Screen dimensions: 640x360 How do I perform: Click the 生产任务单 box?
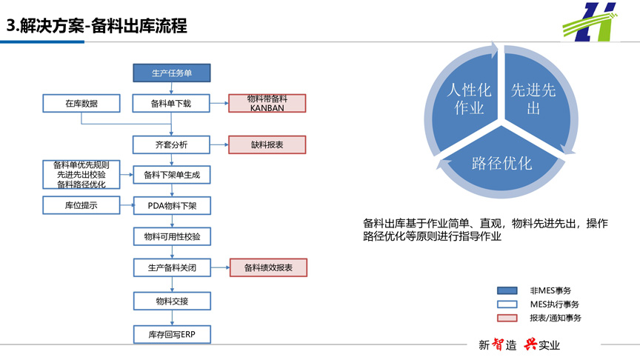(171, 73)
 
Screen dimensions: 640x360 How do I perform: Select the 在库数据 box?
(81, 103)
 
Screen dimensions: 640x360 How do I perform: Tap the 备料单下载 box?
(171, 103)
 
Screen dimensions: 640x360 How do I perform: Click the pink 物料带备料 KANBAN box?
(267, 103)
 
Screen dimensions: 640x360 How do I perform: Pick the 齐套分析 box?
(171, 144)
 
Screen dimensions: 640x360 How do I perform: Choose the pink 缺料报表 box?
(267, 144)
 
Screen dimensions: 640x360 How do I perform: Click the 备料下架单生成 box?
(172, 175)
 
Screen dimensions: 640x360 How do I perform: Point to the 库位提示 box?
(81, 205)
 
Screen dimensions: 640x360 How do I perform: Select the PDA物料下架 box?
(172, 206)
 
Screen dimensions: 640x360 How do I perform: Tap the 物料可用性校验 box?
(172, 236)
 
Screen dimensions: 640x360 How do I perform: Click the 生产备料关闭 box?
(172, 267)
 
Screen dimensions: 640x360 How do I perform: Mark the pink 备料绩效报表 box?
(268, 267)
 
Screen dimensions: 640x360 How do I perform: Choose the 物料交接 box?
(172, 301)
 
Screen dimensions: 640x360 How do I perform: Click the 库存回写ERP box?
(172, 334)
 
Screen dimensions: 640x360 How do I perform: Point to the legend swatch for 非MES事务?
(507, 290)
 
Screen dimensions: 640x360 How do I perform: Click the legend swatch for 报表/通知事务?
(507, 318)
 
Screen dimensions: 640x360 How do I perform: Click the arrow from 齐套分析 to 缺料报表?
(219, 144)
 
